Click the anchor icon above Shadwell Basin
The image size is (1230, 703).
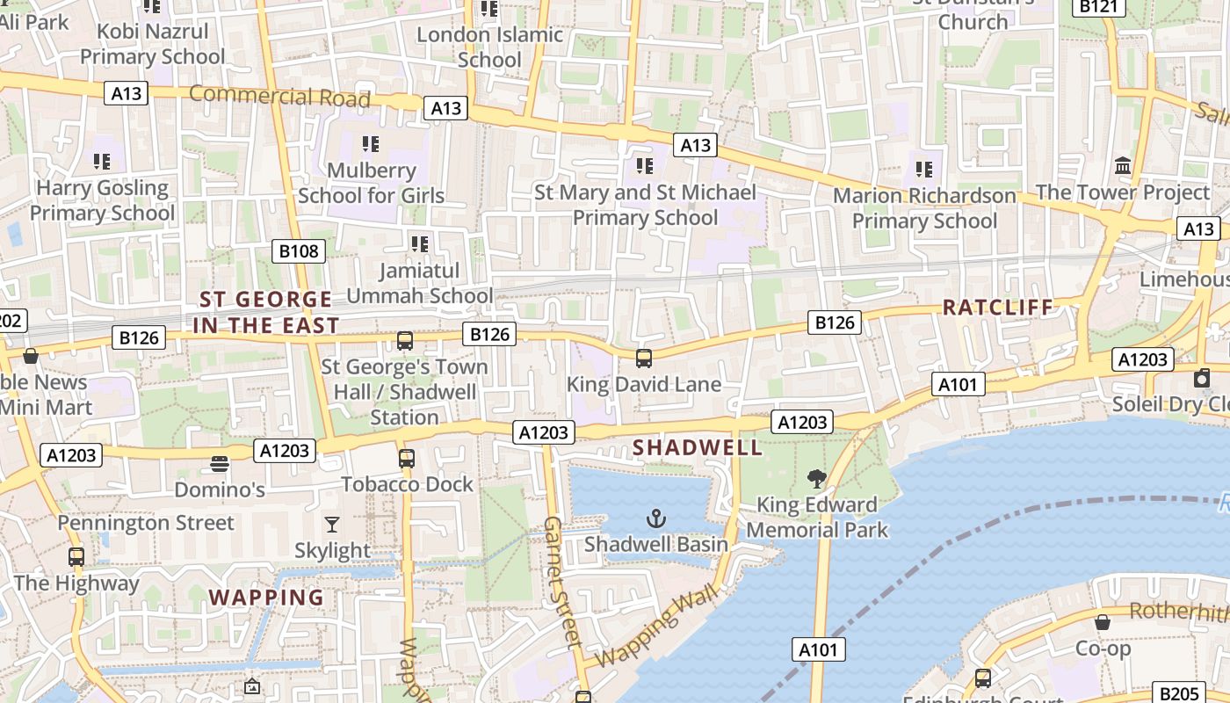(x=656, y=518)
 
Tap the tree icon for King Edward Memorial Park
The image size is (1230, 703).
(x=817, y=479)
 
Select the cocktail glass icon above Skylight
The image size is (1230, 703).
(x=331, y=525)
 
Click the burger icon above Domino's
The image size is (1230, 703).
(x=220, y=463)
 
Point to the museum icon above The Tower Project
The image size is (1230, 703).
(x=1122, y=166)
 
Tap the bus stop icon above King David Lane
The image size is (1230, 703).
(x=644, y=358)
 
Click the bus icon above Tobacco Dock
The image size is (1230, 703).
(x=406, y=458)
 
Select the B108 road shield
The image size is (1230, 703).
(x=299, y=251)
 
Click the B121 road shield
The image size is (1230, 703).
(x=1098, y=7)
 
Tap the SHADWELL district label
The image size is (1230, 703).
(x=698, y=447)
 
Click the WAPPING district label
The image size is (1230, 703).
(x=266, y=598)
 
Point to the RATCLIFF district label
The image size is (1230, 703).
(x=997, y=308)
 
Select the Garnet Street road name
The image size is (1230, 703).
(x=562, y=580)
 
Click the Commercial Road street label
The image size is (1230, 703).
(x=279, y=96)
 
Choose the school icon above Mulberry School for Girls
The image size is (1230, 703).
(x=370, y=143)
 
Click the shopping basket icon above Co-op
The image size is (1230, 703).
(x=1102, y=622)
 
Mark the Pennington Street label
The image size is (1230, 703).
(x=146, y=523)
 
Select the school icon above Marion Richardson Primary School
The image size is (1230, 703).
(x=923, y=169)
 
